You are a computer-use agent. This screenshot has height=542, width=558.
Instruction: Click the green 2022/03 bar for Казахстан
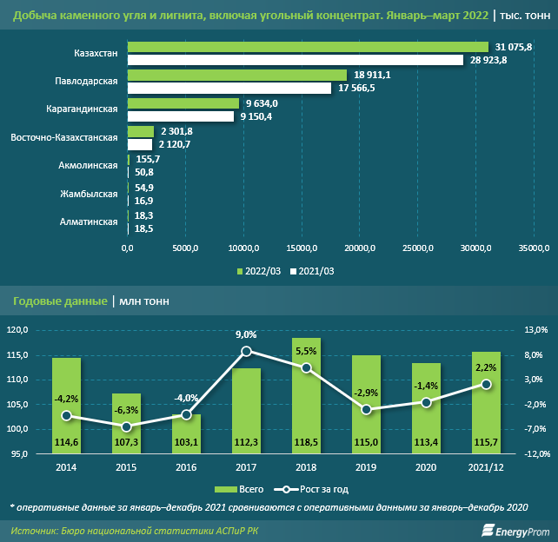tap(308, 47)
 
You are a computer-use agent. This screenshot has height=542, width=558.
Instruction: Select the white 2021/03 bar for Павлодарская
tap(229, 88)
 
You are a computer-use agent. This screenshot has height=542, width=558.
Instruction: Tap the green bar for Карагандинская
tap(183, 103)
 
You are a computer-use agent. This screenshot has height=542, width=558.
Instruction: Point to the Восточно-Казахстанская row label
tap(63, 137)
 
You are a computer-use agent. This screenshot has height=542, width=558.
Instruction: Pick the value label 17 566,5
tap(356, 88)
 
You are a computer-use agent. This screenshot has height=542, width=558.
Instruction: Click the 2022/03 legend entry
tap(261, 271)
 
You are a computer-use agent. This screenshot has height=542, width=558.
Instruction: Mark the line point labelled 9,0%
tap(246, 351)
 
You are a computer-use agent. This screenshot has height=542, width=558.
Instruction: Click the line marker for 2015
tap(126, 426)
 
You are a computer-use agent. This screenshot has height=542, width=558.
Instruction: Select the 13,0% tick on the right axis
tap(535, 330)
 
